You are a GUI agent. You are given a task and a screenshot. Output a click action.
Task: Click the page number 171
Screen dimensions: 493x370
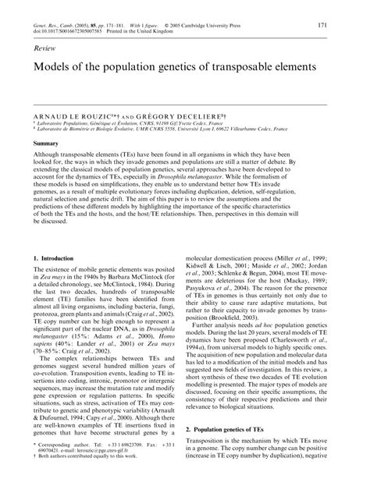point(345,25)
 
